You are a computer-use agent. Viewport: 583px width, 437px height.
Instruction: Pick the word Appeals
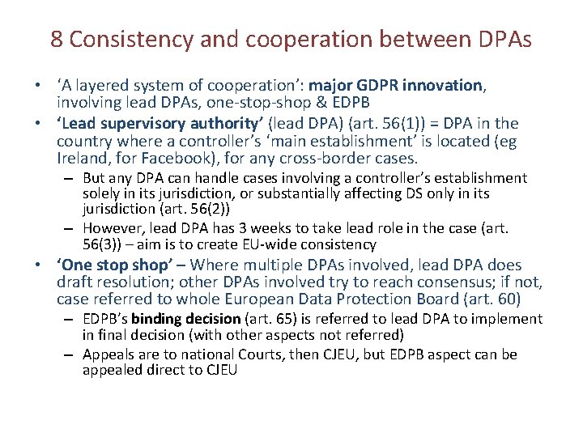click(107, 354)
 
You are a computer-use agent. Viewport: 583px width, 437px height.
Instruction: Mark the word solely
click(101, 193)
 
